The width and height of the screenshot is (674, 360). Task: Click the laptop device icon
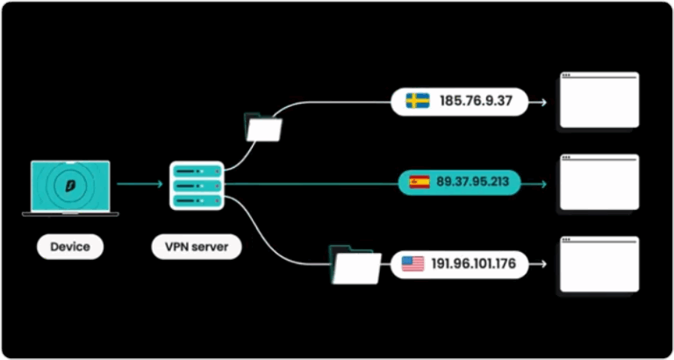(x=70, y=188)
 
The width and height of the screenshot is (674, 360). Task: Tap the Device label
(x=70, y=247)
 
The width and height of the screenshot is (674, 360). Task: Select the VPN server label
(x=197, y=247)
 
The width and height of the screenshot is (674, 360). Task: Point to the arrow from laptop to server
(x=140, y=184)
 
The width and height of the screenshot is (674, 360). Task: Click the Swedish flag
(x=417, y=101)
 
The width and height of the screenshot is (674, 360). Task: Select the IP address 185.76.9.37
(x=476, y=102)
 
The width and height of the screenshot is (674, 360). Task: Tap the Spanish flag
(x=419, y=183)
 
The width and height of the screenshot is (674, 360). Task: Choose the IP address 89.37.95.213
(x=478, y=183)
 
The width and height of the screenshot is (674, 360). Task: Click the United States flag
(x=412, y=263)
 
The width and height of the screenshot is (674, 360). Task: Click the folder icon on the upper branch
(x=264, y=128)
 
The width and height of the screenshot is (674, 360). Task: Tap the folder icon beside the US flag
(x=355, y=265)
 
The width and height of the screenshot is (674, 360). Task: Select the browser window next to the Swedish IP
(x=599, y=100)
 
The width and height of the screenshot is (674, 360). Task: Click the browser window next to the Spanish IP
(x=599, y=182)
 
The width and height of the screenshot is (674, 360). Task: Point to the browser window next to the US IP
(x=599, y=263)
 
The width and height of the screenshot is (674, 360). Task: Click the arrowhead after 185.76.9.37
(x=542, y=102)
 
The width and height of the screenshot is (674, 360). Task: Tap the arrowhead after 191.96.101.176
(x=542, y=263)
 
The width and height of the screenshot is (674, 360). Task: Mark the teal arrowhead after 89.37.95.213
(x=542, y=184)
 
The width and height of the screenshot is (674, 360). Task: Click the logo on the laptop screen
(x=70, y=185)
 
